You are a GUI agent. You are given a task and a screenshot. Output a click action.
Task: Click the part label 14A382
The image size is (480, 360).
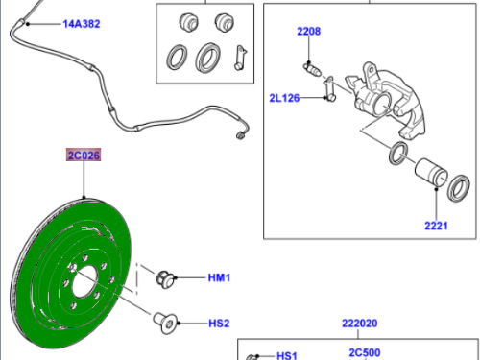pos(82,24)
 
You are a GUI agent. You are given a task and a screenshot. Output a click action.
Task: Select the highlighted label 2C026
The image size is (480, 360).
pos(84,156)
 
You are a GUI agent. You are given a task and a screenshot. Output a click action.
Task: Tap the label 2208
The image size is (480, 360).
pos(308,32)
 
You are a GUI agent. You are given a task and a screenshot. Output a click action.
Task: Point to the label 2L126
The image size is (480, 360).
pos(284,98)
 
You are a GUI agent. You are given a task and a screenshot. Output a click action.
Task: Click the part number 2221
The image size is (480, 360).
pos(436,226)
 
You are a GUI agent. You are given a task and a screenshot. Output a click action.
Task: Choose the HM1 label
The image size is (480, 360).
pos(219,277)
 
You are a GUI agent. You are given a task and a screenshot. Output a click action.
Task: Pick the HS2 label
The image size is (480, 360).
pos(219,324)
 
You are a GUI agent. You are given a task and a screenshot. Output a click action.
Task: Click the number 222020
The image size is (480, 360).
pos(359,324)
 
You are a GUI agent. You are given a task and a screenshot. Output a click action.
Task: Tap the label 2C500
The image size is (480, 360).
pos(365,352)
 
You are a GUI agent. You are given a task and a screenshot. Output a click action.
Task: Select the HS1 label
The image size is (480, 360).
pos(287,356)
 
